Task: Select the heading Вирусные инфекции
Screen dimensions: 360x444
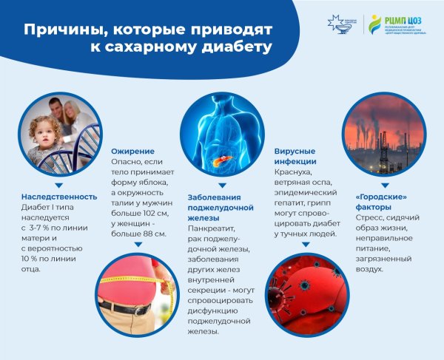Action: [x=295, y=155]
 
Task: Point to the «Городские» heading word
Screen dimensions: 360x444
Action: [x=371, y=198]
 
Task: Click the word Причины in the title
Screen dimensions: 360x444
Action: [x=58, y=30]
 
